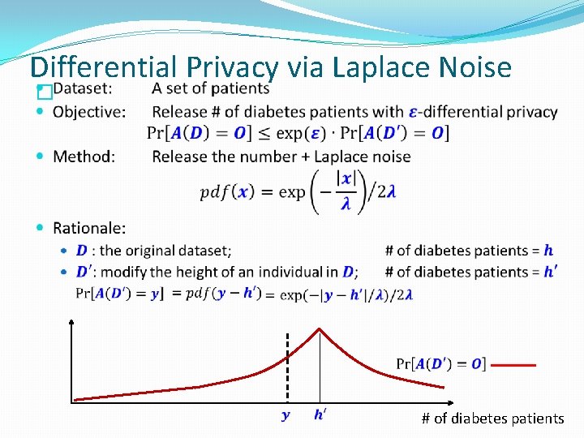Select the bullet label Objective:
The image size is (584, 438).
coord(89,112)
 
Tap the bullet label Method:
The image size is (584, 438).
coord(84,156)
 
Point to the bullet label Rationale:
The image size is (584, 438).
coord(89,229)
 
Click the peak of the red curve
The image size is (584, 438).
coord(320,328)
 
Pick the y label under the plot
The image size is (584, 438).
coord(286,416)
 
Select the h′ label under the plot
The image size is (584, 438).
coord(320,415)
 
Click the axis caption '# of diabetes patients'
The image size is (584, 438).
coord(492,419)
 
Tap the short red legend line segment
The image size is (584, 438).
coord(513,365)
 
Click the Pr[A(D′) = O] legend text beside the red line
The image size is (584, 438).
coord(440,364)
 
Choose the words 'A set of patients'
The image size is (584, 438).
coord(210,88)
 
